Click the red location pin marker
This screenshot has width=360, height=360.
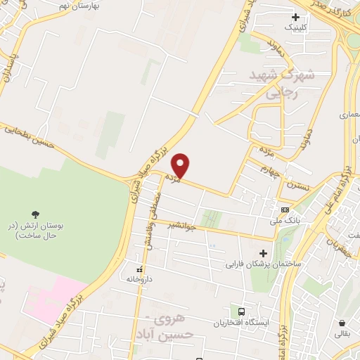(x=181, y=165)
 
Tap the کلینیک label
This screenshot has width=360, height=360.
(x=295, y=27)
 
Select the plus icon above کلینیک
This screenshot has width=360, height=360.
(x=295, y=16)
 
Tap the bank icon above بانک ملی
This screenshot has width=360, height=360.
(x=285, y=210)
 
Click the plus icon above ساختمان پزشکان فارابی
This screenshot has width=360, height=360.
(x=264, y=254)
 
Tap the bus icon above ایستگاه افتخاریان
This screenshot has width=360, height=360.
(x=241, y=311)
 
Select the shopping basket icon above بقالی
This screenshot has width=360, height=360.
(x=344, y=322)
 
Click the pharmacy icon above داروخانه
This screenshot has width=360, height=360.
(x=139, y=269)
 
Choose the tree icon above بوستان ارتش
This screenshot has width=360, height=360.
(x=35, y=213)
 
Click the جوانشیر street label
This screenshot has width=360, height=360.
(x=181, y=226)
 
